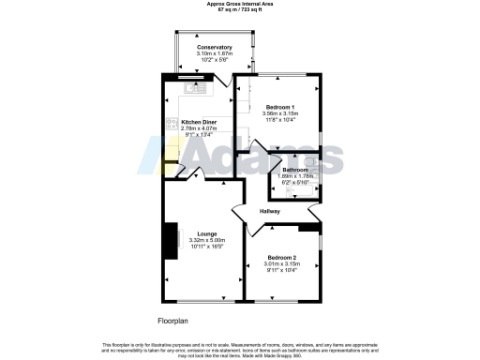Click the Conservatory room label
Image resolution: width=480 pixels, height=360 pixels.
pyautogui.click(x=214, y=48)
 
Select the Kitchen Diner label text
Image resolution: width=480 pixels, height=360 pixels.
pyautogui.click(x=199, y=122)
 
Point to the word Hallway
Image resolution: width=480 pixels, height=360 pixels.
pyautogui.click(x=270, y=211)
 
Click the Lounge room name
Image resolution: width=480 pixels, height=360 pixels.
pyautogui.click(x=207, y=233)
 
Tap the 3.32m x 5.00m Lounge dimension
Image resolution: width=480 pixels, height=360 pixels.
pyautogui.click(x=207, y=240)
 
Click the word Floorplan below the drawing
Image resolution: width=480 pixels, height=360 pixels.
pyautogui.click(x=175, y=320)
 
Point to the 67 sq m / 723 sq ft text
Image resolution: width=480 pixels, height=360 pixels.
pyautogui.click(x=240, y=9)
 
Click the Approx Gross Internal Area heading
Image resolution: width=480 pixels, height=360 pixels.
pyautogui.click(x=240, y=4)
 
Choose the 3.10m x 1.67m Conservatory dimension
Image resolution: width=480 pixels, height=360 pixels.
pyautogui.click(x=214, y=54)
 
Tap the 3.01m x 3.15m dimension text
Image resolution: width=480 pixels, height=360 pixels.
pyautogui.click(x=281, y=264)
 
